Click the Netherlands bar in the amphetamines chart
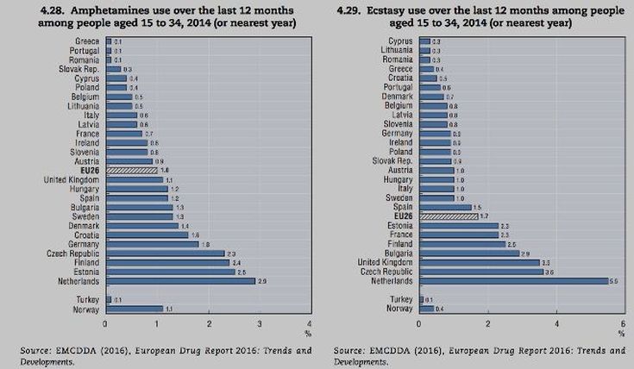179,280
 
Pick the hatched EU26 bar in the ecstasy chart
448,216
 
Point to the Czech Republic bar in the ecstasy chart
480,272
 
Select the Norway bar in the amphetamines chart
133,308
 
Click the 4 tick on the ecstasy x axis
556,323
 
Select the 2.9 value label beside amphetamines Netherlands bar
262,281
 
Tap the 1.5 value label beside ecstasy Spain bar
477,208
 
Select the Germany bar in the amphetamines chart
151,244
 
